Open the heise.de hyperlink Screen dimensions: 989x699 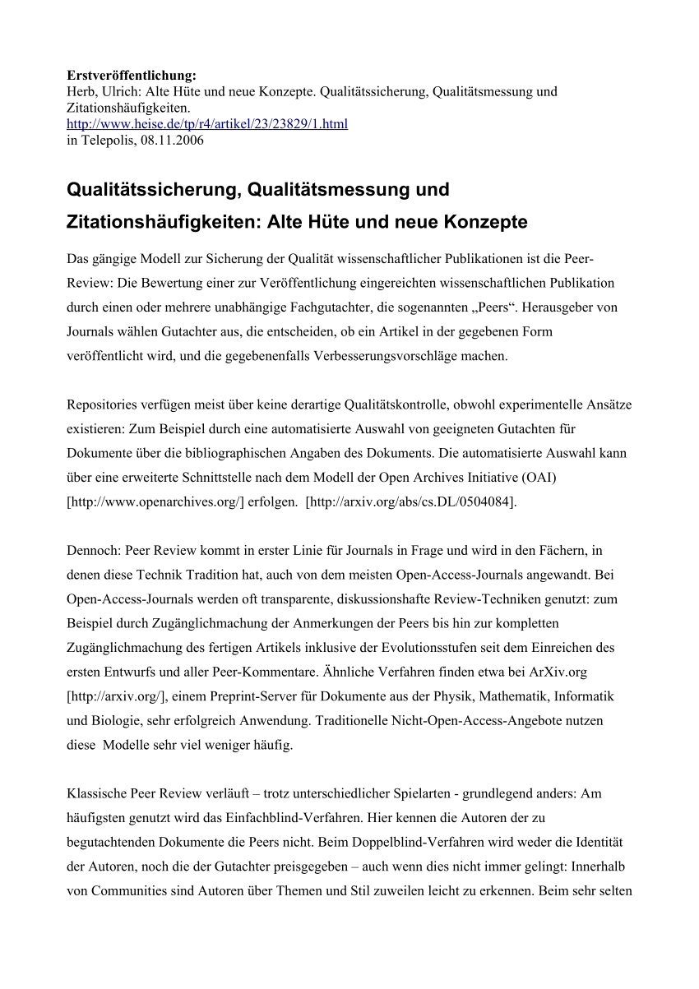[207, 123]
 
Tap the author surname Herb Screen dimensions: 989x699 [80, 91]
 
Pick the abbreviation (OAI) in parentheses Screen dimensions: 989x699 [536, 478]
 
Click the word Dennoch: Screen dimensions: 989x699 [93, 552]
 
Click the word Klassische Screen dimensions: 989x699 [97, 794]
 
